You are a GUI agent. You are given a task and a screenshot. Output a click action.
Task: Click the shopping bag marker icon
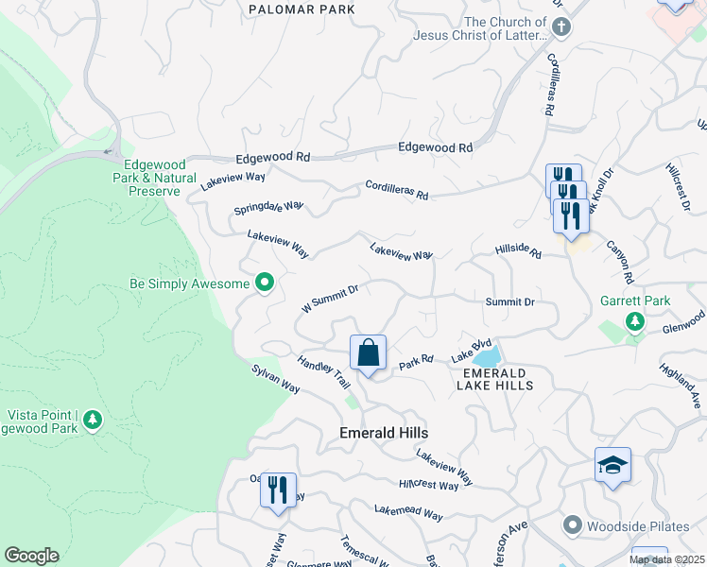pyautogui.click(x=369, y=353)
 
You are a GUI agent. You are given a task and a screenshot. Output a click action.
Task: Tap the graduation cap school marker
pyautogui.click(x=612, y=465)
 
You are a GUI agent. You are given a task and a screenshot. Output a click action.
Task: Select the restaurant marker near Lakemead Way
pyautogui.click(x=278, y=490)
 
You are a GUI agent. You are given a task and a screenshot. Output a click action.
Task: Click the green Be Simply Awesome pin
pyautogui.click(x=265, y=283)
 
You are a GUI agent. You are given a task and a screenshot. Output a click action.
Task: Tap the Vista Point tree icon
pyautogui.click(x=92, y=418)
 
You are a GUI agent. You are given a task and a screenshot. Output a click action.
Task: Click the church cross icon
pyautogui.click(x=560, y=26)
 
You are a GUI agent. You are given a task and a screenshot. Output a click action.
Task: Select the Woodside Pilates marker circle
pyautogui.click(x=571, y=524)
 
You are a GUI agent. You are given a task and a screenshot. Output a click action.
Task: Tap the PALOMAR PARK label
pyautogui.click(x=302, y=9)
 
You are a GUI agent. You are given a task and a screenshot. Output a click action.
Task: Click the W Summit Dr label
pyautogui.click(x=329, y=299)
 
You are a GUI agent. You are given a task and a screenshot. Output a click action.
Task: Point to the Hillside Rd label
pyautogui.click(x=517, y=251)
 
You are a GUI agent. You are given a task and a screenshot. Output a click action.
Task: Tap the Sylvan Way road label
pyautogui.click(x=275, y=381)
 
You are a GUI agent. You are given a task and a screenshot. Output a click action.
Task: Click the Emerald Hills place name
pyautogui.click(x=384, y=433)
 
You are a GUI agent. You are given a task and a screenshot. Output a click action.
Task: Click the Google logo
pyautogui.click(x=31, y=556)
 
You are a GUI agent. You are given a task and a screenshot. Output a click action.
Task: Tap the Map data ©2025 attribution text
pyautogui.click(x=666, y=559)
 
